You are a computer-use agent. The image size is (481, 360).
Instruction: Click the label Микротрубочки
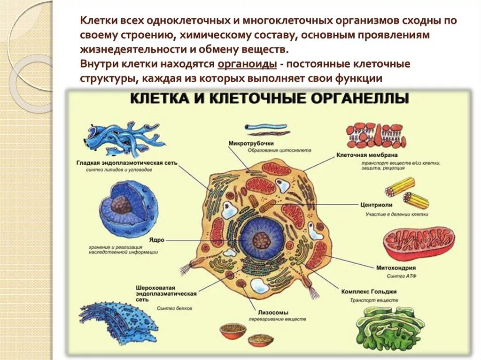(251, 143)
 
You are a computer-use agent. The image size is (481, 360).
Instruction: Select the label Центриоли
(376, 205)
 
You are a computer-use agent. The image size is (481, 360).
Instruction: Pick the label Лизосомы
(273, 312)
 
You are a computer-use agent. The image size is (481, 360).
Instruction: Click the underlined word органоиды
(239, 64)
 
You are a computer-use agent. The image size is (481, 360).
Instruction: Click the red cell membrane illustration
(376, 135)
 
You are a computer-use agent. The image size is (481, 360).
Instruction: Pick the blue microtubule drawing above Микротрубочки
(266, 127)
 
